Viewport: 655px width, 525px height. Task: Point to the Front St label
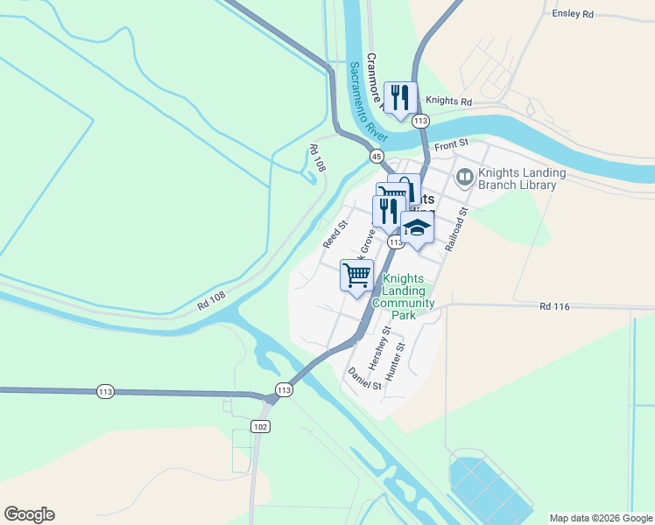451,143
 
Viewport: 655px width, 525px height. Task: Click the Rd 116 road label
555,306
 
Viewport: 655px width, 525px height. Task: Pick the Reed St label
335,234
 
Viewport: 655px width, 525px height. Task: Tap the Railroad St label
457,230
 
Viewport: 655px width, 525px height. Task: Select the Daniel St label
365,379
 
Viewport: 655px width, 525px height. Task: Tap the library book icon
464,178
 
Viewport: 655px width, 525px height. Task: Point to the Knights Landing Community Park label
403,297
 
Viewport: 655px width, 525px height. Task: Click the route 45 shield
376,156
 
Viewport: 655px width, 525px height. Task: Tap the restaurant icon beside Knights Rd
401,97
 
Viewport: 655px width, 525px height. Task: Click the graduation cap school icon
419,229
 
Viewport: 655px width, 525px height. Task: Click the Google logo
29,514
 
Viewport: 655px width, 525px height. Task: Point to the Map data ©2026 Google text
600,518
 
